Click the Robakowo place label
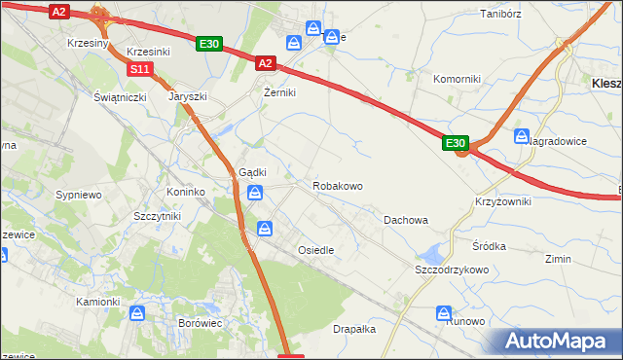click(x=338, y=185)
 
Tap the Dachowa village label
click(x=406, y=220)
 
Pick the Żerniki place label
click(x=279, y=92)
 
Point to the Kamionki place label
click(x=97, y=302)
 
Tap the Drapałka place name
click(x=354, y=329)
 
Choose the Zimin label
click(x=558, y=259)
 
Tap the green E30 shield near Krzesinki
click(x=209, y=44)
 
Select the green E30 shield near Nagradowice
click(x=457, y=143)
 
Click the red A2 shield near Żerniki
click(x=267, y=63)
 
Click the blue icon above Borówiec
click(x=137, y=313)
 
